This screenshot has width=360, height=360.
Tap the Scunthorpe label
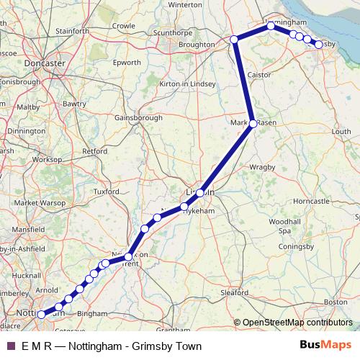click(x=171, y=32)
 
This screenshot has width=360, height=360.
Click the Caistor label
click(x=258, y=74)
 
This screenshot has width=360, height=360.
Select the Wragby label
click(x=262, y=167)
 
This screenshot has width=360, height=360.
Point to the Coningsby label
click(x=297, y=247)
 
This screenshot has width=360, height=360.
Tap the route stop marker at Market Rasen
click(x=253, y=124)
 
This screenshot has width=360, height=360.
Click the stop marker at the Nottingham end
click(x=41, y=314)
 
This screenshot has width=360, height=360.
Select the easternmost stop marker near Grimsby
click(x=318, y=45)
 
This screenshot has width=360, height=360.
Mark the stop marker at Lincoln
click(x=200, y=193)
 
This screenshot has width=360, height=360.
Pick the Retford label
click(x=95, y=151)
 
